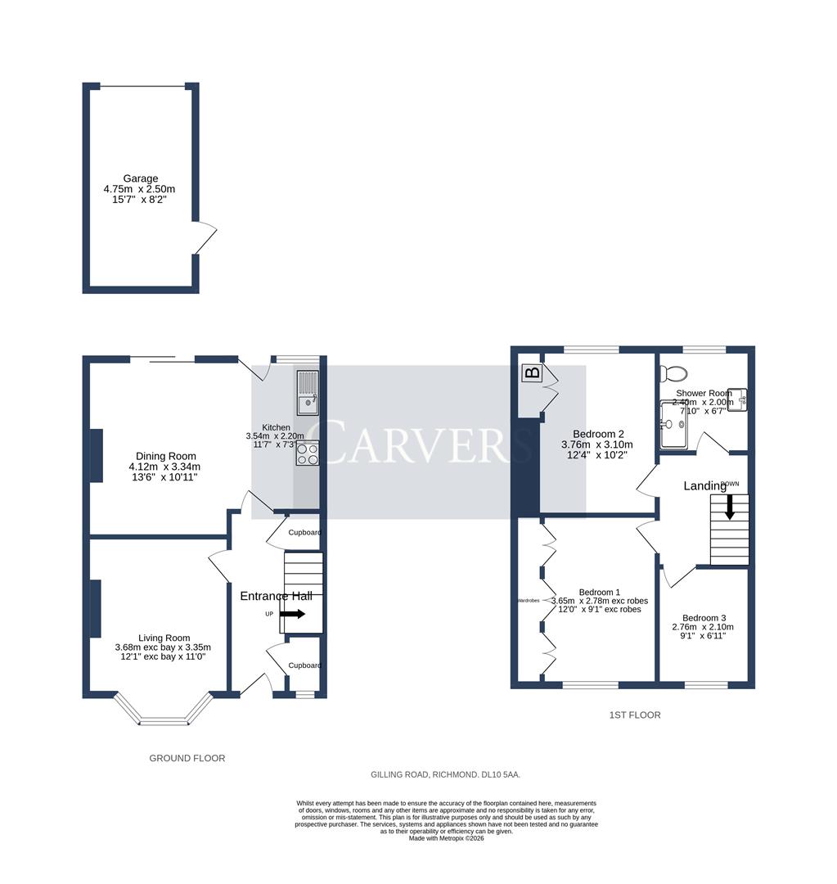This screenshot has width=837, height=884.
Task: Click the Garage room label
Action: tap(141, 178)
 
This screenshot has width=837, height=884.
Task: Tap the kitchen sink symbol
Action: tap(308, 392)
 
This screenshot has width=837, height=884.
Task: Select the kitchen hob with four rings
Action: tap(308, 453)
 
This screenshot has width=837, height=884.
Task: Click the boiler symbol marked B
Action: tap(531, 373)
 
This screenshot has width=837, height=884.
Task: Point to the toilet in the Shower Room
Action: tap(675, 373)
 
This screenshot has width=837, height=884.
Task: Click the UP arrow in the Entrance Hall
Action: tap(291, 613)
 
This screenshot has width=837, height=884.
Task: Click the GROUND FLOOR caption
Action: tap(187, 759)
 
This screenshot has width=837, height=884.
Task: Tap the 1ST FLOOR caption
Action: tap(635, 715)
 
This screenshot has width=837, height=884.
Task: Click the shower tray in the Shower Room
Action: tap(676, 426)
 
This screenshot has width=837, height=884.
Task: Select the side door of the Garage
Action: tap(205, 238)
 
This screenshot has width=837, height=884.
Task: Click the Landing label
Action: tap(704, 486)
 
